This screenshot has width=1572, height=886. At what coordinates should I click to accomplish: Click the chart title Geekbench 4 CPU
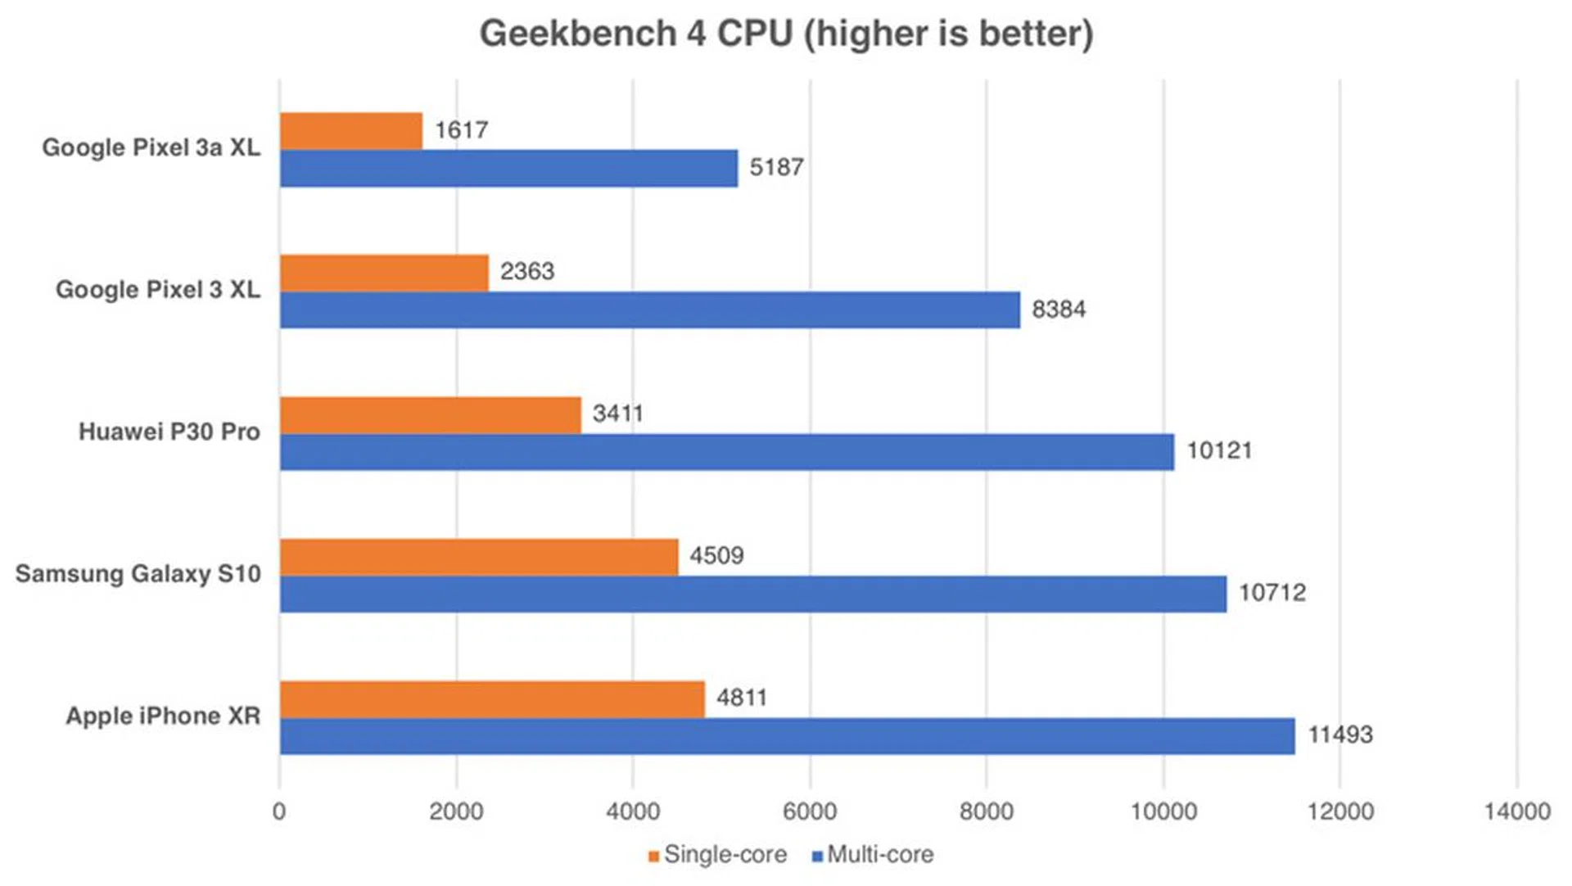[x=786, y=34]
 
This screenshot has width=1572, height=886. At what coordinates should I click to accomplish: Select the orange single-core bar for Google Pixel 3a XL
[x=351, y=131]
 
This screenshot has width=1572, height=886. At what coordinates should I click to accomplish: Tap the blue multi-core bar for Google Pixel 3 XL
[x=650, y=310]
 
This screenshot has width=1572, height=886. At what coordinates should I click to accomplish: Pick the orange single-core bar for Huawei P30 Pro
[x=431, y=415]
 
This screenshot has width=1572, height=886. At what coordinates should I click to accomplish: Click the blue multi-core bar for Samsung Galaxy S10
[x=753, y=594]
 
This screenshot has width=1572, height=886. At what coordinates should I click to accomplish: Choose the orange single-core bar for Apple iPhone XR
[x=492, y=699]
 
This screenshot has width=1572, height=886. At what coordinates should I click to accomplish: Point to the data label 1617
[x=462, y=130]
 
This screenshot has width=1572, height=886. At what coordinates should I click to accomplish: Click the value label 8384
[x=1059, y=310]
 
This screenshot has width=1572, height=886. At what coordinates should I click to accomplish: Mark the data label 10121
[x=1219, y=451]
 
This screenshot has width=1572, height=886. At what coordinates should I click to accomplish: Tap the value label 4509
[x=716, y=556]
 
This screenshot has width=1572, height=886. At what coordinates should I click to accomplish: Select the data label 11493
[x=1339, y=735]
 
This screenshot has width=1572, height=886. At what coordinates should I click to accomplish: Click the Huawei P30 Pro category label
[x=169, y=432]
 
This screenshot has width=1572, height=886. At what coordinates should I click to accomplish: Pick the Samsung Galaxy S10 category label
[x=138, y=573]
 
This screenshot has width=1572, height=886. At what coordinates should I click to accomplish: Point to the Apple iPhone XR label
[x=163, y=716]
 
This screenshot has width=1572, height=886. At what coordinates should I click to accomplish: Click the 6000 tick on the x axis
[x=810, y=811]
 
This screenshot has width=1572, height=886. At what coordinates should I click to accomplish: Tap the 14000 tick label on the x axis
[x=1516, y=811]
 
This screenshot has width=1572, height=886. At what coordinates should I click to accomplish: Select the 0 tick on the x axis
[x=279, y=811]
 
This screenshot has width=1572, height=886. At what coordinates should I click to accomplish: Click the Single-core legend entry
[x=717, y=855]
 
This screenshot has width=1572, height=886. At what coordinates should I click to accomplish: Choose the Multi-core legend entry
[x=873, y=855]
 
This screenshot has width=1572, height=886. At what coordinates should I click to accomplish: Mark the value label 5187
[x=776, y=167]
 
